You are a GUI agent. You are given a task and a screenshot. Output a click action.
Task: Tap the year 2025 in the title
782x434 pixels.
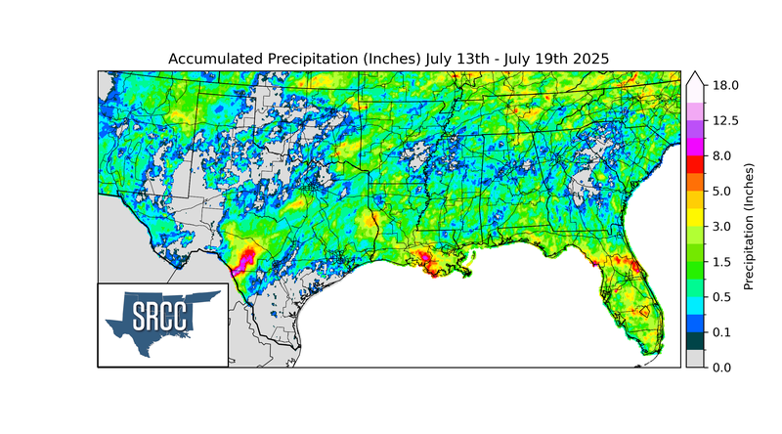click(x=589, y=59)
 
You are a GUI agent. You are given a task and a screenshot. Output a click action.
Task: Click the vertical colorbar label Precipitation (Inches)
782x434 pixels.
click(x=750, y=226)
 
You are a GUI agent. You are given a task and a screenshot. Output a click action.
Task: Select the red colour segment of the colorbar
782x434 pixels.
click(x=695, y=164)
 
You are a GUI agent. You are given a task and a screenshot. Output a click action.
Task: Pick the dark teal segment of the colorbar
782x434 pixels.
click(x=695, y=340)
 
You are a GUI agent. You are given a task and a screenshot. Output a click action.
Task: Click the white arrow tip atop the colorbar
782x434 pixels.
click(x=695, y=76)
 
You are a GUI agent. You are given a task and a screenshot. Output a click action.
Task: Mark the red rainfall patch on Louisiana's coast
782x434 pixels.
click(x=427, y=259)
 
